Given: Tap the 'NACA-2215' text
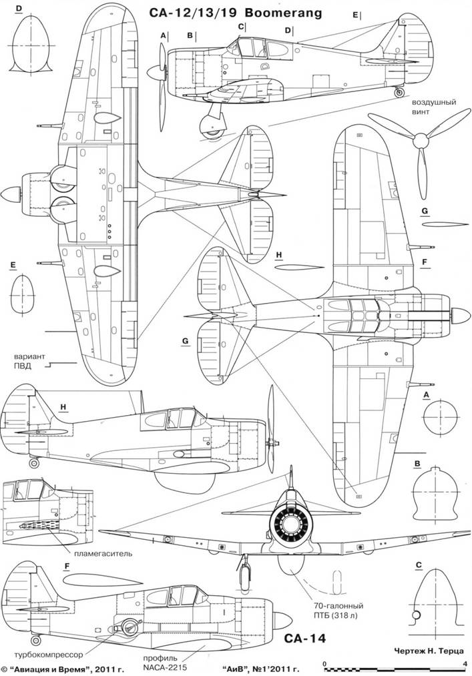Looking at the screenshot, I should tap(165, 666).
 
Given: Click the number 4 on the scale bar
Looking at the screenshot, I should tap(465, 663).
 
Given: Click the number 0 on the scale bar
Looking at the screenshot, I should tap(324, 663).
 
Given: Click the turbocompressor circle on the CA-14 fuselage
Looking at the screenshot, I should tap(126, 626).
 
